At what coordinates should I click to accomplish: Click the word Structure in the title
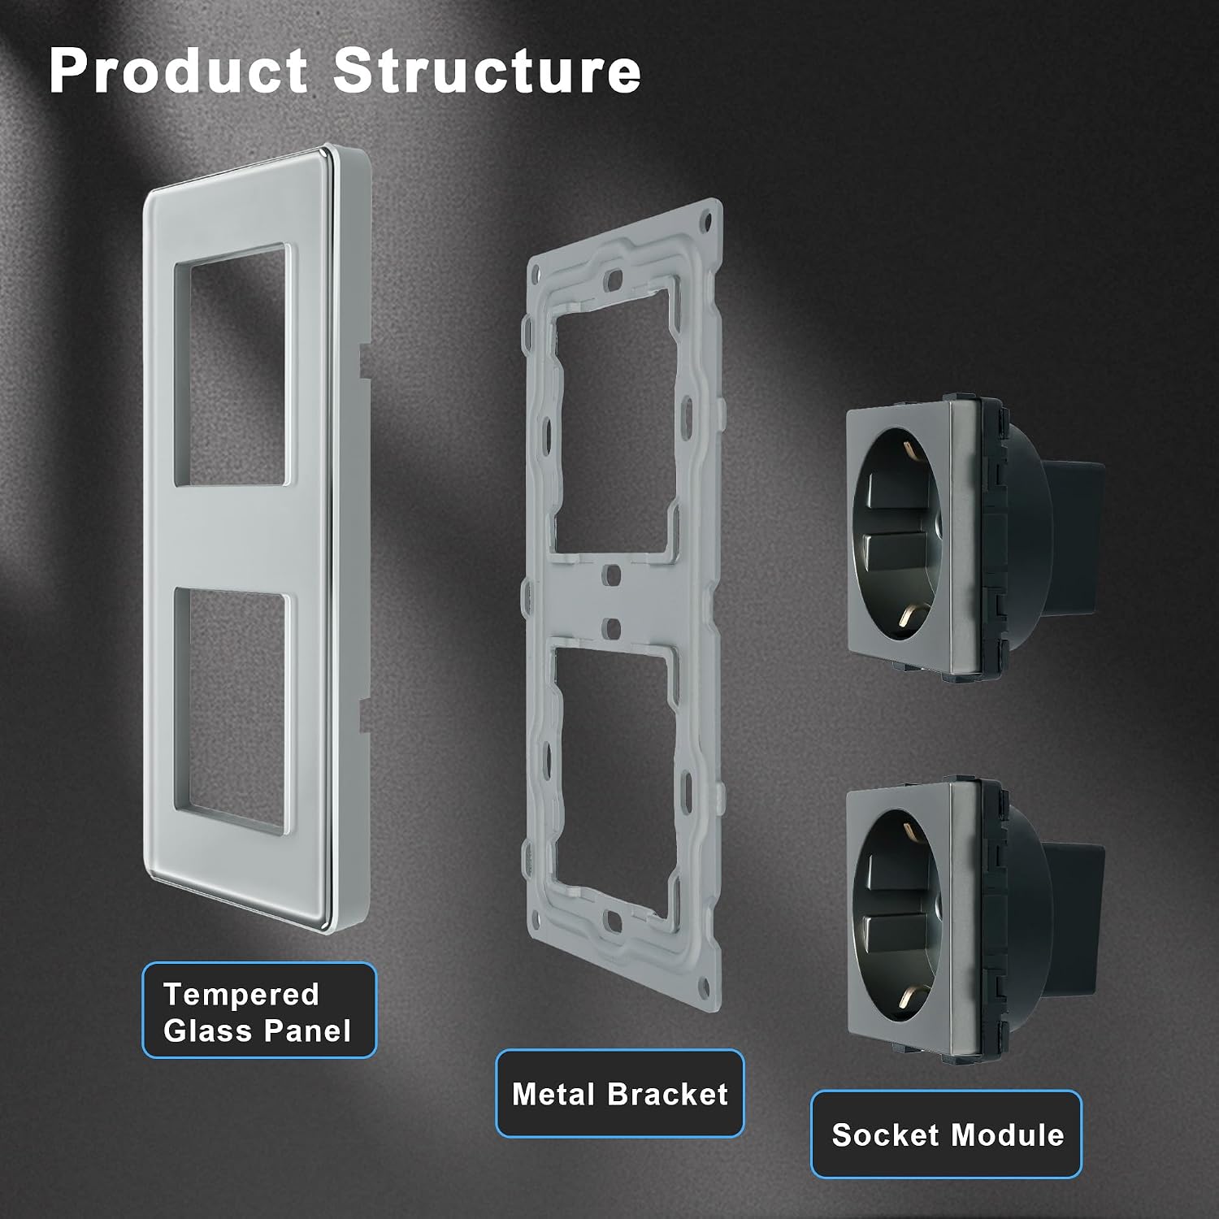(x=487, y=71)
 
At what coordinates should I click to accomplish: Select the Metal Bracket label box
(x=620, y=1094)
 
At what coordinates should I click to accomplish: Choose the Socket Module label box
(x=947, y=1134)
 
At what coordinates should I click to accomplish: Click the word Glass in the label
(x=204, y=1030)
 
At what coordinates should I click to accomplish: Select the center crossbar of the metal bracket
(x=614, y=600)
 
